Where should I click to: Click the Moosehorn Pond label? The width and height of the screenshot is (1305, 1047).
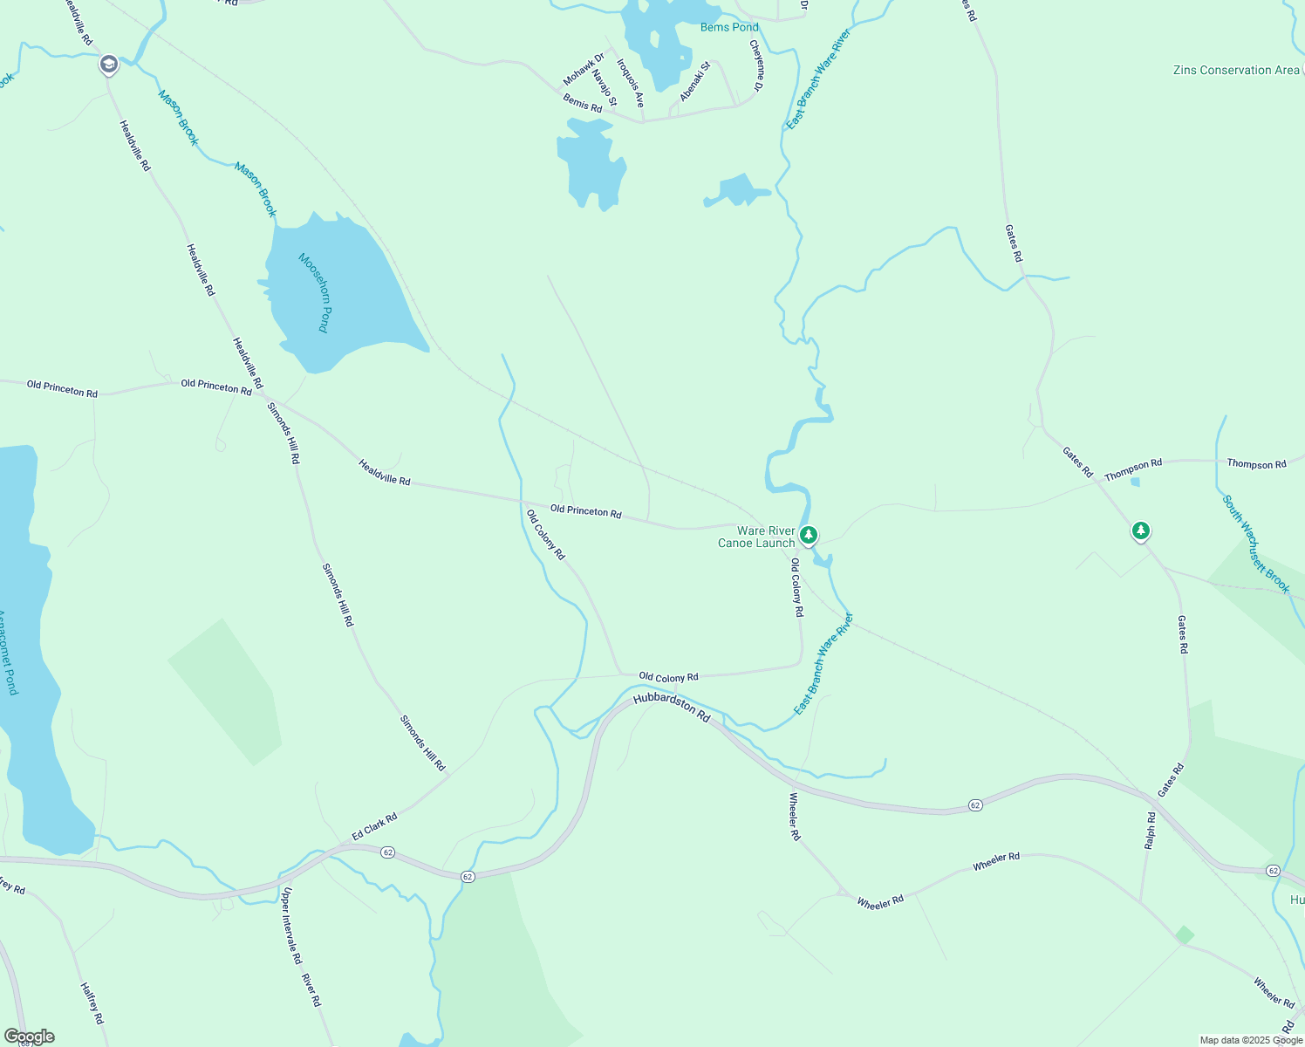coord(315,292)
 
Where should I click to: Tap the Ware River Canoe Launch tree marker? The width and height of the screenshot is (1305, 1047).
coord(809,535)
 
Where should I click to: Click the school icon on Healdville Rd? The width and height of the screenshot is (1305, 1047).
coord(108,65)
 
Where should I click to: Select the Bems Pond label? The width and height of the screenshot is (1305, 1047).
coord(729,27)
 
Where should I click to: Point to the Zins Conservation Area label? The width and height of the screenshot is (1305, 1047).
coord(1236,70)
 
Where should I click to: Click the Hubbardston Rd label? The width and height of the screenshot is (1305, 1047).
coord(672,706)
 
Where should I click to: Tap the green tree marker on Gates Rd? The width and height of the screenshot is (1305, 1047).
coord(1140,530)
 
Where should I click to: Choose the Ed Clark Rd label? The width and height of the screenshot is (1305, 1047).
coord(374,827)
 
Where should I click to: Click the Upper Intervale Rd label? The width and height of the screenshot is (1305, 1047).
coord(291,926)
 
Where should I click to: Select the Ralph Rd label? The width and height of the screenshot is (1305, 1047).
coord(1151,831)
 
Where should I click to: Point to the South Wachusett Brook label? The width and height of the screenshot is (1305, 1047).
coord(1255,544)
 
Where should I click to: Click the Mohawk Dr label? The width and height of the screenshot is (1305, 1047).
coord(584,69)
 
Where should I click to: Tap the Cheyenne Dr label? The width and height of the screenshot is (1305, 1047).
coord(757,65)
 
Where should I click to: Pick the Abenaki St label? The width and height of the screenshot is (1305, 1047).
coord(695,81)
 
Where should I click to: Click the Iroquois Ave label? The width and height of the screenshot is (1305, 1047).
coord(631,83)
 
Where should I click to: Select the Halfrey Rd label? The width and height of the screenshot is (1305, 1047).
coord(92,1003)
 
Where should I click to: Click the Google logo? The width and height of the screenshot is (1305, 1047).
coord(30,1037)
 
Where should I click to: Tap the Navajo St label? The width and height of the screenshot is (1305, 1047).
coord(605,88)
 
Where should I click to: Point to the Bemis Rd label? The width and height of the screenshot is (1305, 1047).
coord(583,103)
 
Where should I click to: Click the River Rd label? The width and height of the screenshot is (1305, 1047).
coord(311,989)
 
